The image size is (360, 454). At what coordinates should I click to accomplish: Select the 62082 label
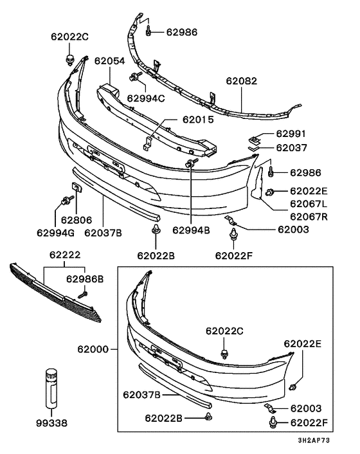tap(242, 82)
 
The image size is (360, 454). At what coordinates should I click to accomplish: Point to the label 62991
tap(292, 134)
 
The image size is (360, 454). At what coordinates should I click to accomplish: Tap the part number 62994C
tap(146, 98)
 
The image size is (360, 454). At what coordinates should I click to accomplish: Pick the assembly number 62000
tap(94, 350)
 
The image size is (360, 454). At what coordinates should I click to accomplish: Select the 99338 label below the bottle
tap(51, 424)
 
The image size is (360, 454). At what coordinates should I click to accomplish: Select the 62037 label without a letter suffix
tap(292, 147)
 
